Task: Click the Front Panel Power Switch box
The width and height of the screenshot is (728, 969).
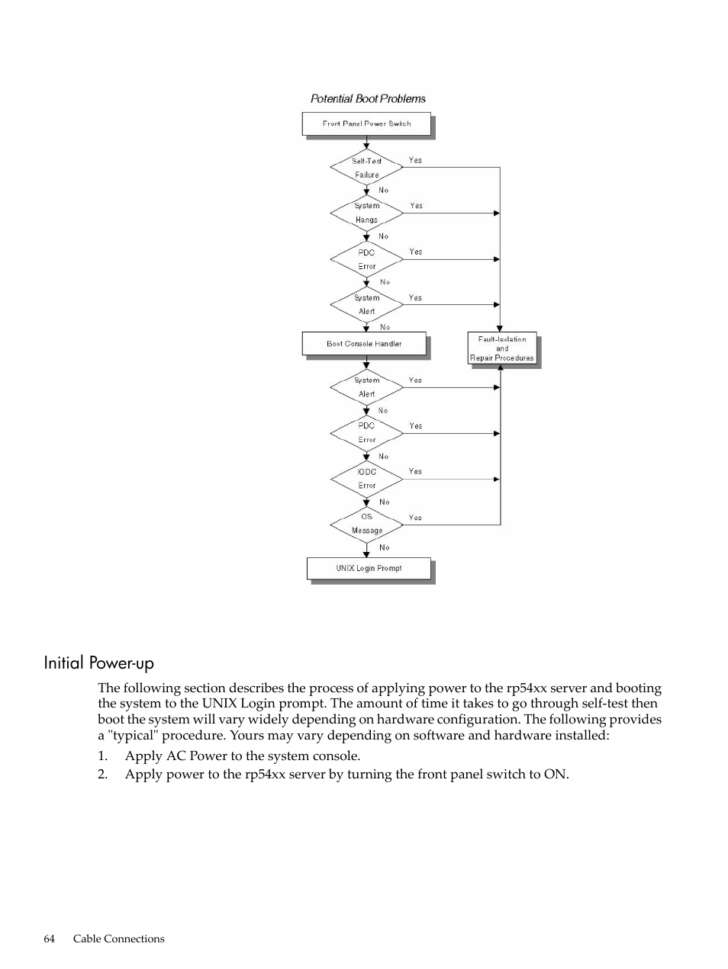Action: [366, 124]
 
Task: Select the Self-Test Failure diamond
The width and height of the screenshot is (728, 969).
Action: [366, 167]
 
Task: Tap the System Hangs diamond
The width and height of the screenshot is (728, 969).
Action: [366, 213]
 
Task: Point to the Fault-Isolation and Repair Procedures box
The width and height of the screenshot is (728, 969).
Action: [502, 348]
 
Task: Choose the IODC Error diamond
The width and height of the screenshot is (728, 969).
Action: [366, 479]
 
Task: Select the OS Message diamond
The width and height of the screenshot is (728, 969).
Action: [366, 525]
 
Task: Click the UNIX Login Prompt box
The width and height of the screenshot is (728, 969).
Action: [369, 568]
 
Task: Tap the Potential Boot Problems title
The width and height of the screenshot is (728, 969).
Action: [368, 98]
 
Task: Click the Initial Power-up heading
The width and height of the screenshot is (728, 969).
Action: [99, 663]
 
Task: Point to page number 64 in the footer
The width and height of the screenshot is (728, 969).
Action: [49, 939]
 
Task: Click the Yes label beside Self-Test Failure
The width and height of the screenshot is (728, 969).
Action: [415, 160]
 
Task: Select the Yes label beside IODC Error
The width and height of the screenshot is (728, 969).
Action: [415, 471]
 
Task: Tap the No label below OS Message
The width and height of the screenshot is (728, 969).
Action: [385, 547]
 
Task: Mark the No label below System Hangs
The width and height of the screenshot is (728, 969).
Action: [383, 236]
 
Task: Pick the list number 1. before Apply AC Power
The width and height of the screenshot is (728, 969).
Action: [102, 756]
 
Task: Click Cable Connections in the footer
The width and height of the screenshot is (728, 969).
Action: [119, 939]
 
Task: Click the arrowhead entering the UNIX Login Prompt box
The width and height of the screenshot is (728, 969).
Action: [366, 554]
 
